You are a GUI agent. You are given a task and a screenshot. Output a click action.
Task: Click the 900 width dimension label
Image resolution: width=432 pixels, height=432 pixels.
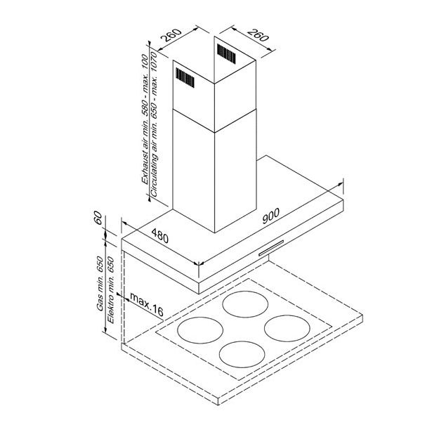(271, 216)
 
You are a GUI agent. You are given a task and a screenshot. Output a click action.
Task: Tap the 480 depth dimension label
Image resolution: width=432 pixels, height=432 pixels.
(159, 236)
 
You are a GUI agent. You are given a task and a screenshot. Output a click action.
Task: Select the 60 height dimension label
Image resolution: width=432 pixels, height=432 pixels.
(98, 218)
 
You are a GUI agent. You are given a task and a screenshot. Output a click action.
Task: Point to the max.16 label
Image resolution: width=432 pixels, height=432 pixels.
(147, 304)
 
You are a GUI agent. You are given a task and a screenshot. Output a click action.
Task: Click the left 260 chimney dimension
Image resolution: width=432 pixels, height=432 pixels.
(171, 35)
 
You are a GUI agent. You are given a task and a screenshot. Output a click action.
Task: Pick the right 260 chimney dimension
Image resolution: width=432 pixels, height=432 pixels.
(258, 35)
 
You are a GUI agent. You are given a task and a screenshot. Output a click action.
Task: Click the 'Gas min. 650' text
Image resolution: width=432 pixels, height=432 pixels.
(100, 284)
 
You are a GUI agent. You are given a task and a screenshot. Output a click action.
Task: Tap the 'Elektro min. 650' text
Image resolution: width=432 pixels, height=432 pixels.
(110, 290)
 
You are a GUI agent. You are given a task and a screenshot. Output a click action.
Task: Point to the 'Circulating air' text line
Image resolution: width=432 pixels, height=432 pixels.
(155, 124)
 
